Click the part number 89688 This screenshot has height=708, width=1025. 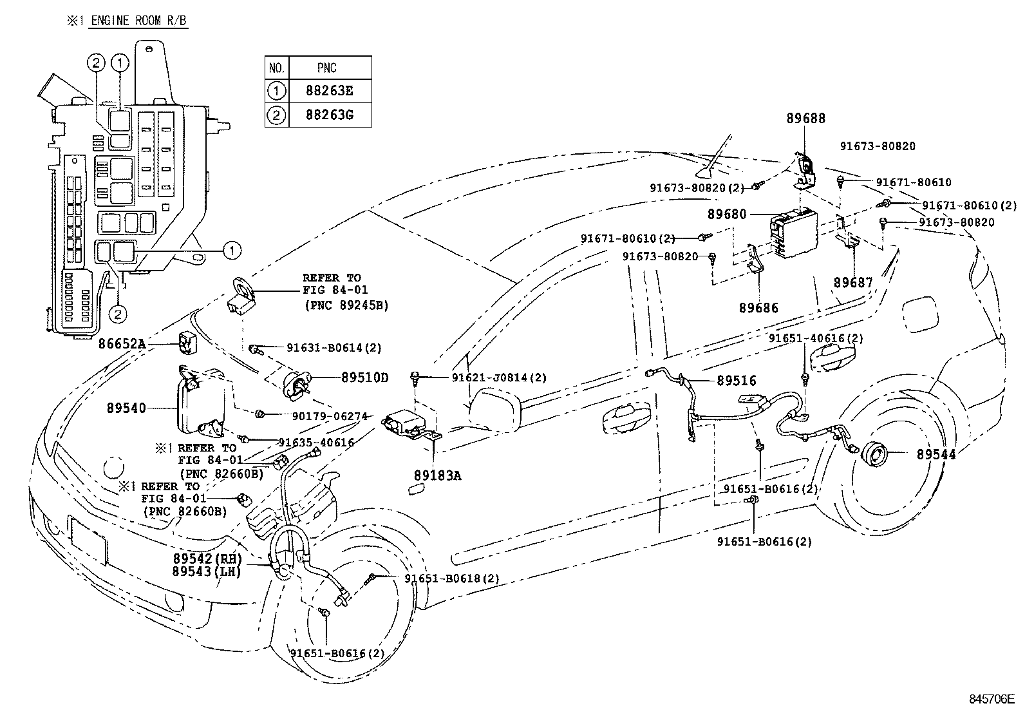pyautogui.click(x=805, y=119)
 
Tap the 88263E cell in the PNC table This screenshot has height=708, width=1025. pyautogui.click(x=330, y=91)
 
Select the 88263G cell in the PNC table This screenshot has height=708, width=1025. pyautogui.click(x=330, y=115)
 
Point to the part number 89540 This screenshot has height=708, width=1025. pyautogui.click(x=126, y=408)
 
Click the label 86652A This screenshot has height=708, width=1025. pyautogui.click(x=122, y=345)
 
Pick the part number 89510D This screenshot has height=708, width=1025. pyautogui.click(x=364, y=378)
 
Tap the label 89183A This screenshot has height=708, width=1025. pyautogui.click(x=438, y=475)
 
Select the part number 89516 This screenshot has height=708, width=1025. pyautogui.click(x=737, y=381)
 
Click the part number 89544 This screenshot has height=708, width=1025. pyautogui.click(x=936, y=454)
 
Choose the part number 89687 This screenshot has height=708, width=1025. pyautogui.click(x=853, y=282)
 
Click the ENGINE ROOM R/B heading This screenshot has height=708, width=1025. pyautogui.click(x=138, y=21)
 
